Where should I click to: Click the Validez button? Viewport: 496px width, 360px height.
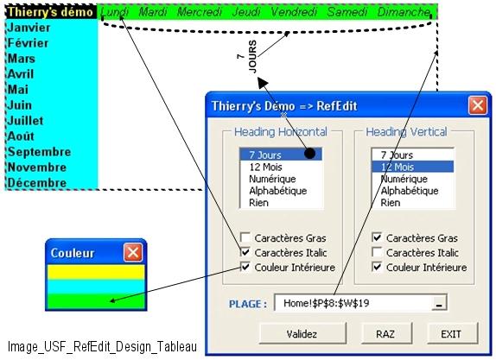click(x=302, y=333)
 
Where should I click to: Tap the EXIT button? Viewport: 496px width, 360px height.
click(x=452, y=333)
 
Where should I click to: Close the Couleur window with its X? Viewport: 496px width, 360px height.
click(x=133, y=253)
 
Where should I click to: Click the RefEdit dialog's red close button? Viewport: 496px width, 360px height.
click(x=478, y=105)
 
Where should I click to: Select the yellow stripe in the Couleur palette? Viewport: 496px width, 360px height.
click(x=96, y=272)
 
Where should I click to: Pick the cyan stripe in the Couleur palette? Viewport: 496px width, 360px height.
click(x=96, y=287)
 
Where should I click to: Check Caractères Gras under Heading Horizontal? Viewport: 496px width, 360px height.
click(x=245, y=237)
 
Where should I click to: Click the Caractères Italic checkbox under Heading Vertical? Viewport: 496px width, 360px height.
click(x=377, y=252)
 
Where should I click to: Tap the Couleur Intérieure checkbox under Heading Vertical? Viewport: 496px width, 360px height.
click(x=377, y=267)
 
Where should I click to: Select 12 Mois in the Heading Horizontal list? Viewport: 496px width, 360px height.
click(x=265, y=167)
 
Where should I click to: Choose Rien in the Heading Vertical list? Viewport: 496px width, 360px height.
click(x=391, y=203)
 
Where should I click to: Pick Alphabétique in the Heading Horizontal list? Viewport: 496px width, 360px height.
click(x=277, y=191)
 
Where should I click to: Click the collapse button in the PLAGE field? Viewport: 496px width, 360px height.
click(x=439, y=303)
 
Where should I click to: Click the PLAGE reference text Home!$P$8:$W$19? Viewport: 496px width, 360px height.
click(x=326, y=303)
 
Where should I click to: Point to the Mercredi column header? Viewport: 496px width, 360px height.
click(x=200, y=12)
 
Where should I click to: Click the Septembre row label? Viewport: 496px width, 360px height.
click(x=39, y=152)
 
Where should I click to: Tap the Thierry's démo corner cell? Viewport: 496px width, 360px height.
click(x=51, y=12)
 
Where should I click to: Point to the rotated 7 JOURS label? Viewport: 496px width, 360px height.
click(x=248, y=57)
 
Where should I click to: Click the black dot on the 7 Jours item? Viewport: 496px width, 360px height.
click(x=309, y=154)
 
